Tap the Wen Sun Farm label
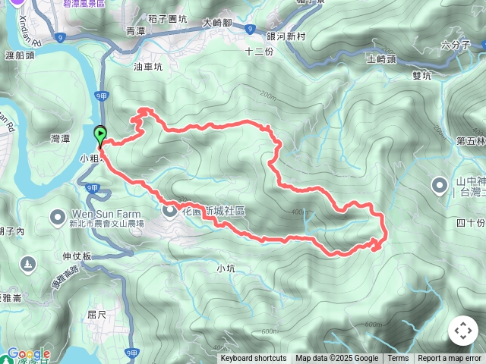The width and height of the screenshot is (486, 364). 94,213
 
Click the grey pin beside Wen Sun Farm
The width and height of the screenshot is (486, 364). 57,218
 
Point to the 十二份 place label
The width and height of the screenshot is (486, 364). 259,52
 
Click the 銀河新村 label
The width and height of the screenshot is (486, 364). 286,36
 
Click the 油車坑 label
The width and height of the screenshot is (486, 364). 148,67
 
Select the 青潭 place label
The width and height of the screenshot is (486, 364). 135,31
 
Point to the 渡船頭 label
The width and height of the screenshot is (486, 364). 21,55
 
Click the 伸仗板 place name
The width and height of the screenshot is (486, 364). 77,256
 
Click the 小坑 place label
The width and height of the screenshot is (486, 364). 226,268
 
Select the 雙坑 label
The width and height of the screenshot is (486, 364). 421,75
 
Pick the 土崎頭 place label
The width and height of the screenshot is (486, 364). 381,58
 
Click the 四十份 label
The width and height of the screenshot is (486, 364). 471,223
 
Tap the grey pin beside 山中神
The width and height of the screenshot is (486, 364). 439,184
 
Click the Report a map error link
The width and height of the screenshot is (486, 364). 450,359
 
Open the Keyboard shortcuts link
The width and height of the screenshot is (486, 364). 254,359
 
